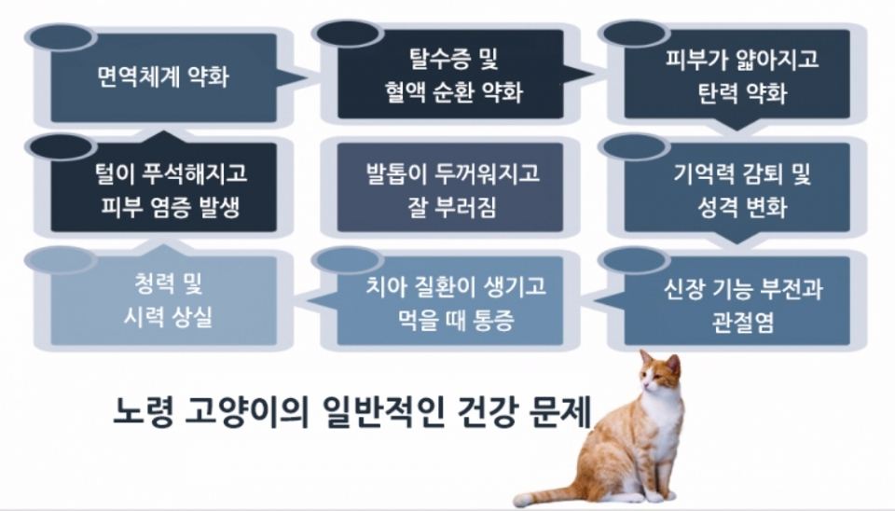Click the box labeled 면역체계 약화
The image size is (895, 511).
pyautogui.click(x=163, y=76)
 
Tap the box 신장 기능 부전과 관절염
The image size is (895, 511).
pyautogui.click(x=737, y=302)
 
